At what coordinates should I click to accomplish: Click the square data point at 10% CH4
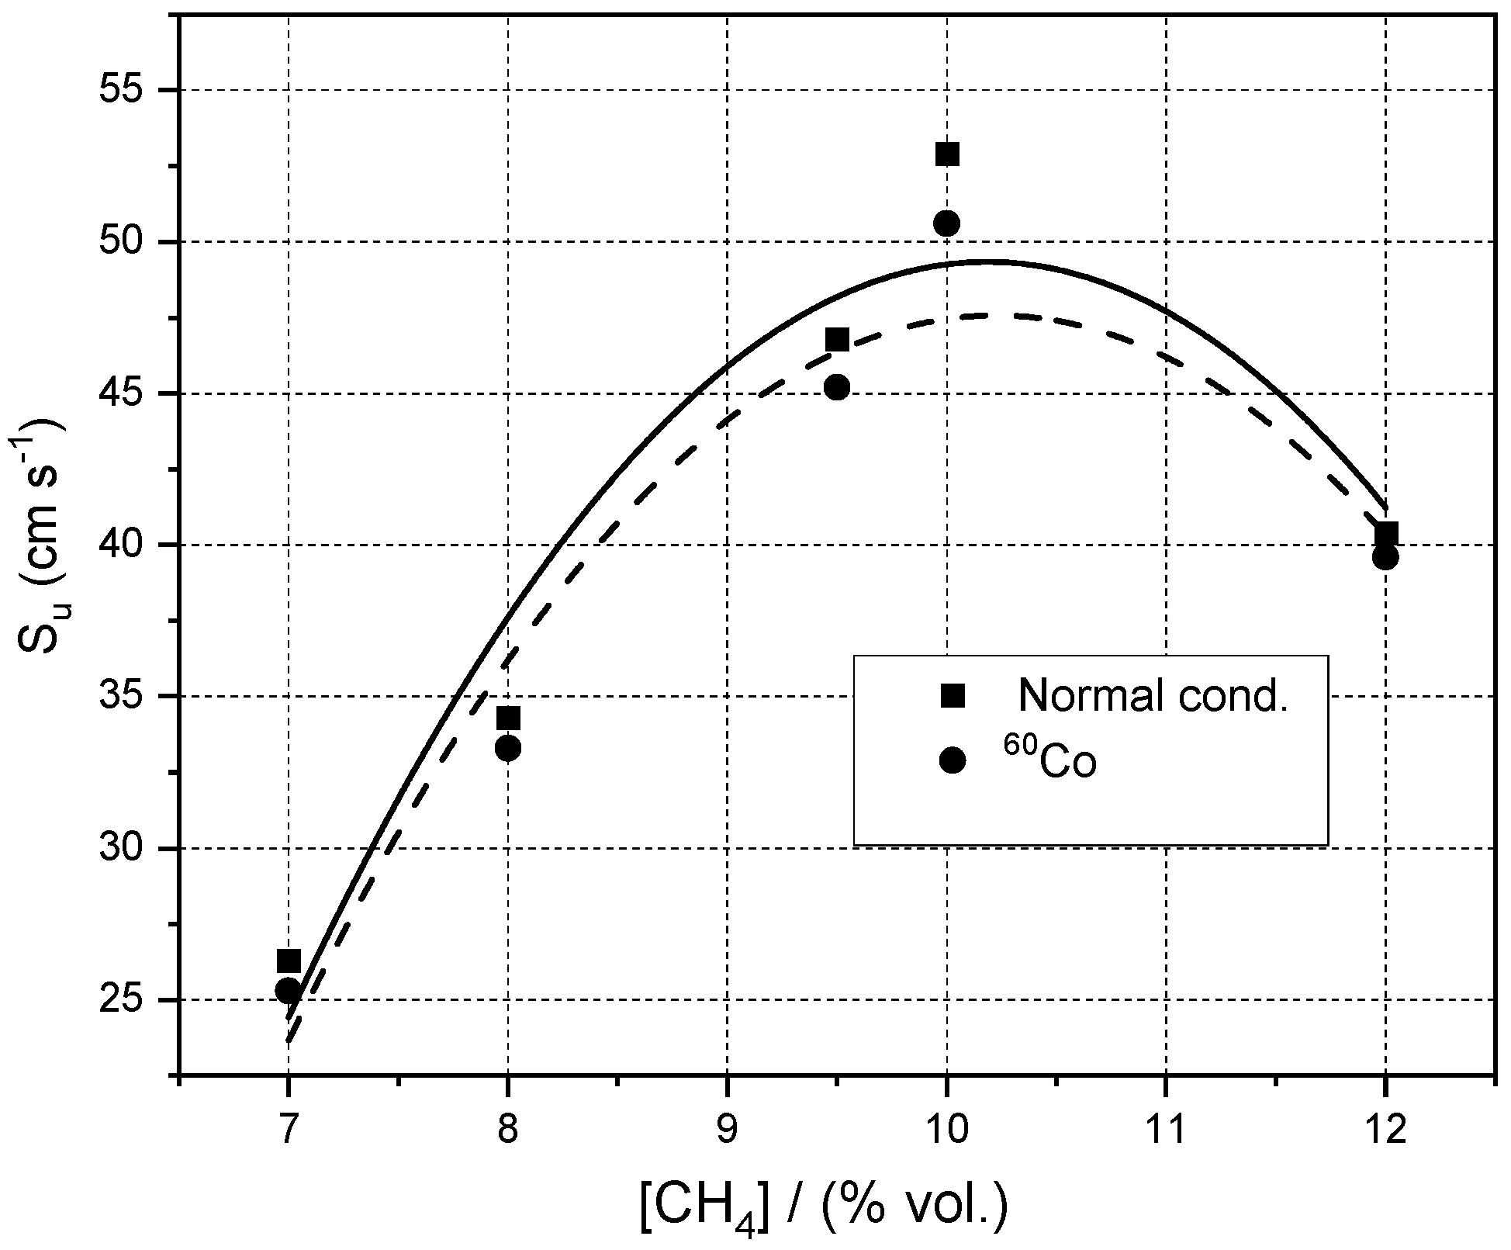coord(947,154)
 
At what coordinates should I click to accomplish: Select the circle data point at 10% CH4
coord(946,223)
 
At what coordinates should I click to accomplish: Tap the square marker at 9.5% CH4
coord(837,339)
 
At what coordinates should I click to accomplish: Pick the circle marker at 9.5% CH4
coord(836,387)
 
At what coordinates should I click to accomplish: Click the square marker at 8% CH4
coord(508,718)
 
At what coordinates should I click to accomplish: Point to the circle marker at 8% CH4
coord(508,749)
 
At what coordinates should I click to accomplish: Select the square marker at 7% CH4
coord(289,961)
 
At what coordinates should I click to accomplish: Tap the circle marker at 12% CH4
coord(1385,557)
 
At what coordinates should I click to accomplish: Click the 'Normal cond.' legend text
coord(1153,695)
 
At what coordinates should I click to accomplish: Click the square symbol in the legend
coord(953,696)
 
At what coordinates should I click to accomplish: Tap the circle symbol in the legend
coord(953,761)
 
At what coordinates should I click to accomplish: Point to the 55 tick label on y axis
coord(125,91)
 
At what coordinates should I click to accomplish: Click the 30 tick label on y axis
coord(125,849)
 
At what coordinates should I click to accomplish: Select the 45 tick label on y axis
coord(125,394)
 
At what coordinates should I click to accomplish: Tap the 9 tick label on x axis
coord(728,1130)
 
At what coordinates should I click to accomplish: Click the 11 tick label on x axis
coord(1166,1130)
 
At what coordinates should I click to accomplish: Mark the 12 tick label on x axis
coord(1385,1130)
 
